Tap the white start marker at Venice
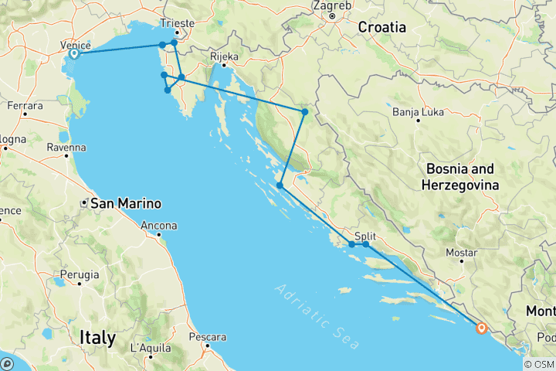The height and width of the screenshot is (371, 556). pos(74,54)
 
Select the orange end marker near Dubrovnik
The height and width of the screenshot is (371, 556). pos(481,328)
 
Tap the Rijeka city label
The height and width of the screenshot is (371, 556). pos(224,56)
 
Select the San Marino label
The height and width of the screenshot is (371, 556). pos(126,204)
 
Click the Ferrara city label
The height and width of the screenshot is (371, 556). pos(24,104)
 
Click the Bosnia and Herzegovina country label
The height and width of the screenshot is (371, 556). pos(460,176)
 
